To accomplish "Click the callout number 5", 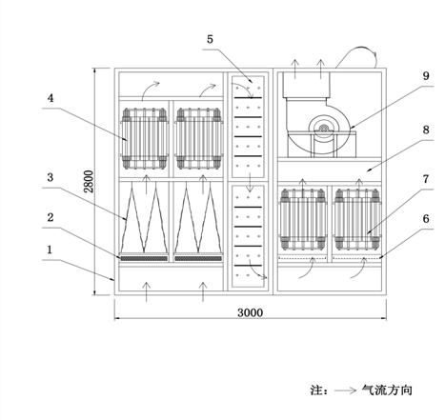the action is pyautogui.click(x=210, y=39).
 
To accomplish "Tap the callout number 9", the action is pyautogui.click(x=426, y=76).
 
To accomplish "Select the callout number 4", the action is pyautogui.click(x=51, y=98).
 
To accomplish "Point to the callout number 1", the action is pyautogui.click(x=50, y=250).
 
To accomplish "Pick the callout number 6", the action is pyautogui.click(x=426, y=219).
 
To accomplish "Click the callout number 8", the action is pyautogui.click(x=426, y=130).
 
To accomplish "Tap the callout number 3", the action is pyautogui.click(x=51, y=177).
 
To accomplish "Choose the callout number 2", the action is pyautogui.click(x=51, y=217).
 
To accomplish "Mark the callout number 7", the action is pyautogui.click(x=426, y=179).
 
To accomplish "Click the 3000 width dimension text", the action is pyautogui.click(x=251, y=313).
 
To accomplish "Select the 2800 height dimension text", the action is pyautogui.click(x=89, y=182).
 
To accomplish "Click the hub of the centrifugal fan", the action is pyautogui.click(x=324, y=129).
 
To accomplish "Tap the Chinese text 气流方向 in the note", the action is pyautogui.click(x=387, y=390).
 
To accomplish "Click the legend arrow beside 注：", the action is pyautogui.click(x=345, y=390).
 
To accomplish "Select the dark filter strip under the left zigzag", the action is pyautogui.click(x=144, y=258).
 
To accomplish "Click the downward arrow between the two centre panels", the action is pyautogui.click(x=251, y=182).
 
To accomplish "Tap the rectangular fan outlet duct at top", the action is pyautogui.click(x=307, y=85).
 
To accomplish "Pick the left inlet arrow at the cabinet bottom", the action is pyautogui.click(x=146, y=291).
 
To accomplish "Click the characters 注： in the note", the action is pyautogui.click(x=319, y=390).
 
